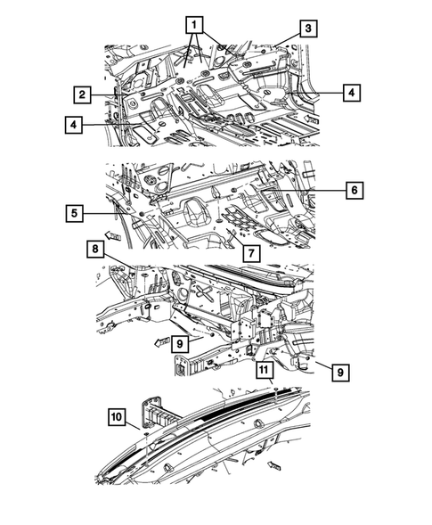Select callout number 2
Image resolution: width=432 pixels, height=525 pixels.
(x=81, y=94)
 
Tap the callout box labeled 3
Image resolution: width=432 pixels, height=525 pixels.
(x=306, y=29)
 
